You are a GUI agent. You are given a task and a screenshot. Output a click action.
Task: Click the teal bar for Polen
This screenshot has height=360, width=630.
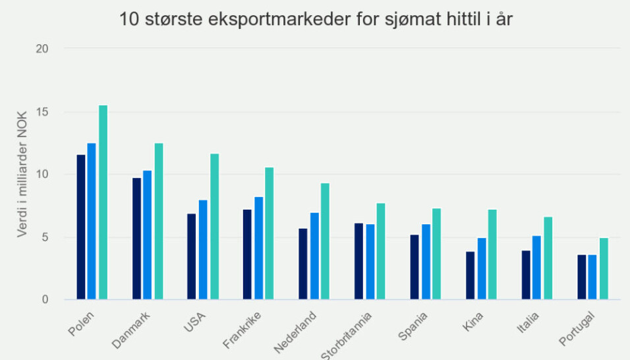pyautogui.click(x=103, y=202)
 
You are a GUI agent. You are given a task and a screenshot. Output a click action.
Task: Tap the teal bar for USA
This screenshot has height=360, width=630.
pyautogui.click(x=214, y=226)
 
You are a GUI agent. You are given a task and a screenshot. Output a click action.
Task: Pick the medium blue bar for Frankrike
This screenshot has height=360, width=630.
pyautogui.click(x=258, y=248)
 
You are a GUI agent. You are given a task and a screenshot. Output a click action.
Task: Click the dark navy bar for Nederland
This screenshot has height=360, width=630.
pyautogui.click(x=302, y=264)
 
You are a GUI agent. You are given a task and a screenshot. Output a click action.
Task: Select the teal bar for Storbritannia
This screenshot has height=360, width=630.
pyautogui.click(x=380, y=251)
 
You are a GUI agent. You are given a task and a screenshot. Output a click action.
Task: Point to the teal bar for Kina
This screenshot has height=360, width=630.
pyautogui.click(x=492, y=255)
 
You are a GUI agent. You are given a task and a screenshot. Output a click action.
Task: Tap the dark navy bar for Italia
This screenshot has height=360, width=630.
pyautogui.click(x=526, y=275)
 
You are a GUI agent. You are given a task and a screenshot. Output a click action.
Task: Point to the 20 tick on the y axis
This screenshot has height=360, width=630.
pyautogui.click(x=42, y=49)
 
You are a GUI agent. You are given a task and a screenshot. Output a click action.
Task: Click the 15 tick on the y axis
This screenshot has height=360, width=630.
pyautogui.click(x=42, y=111)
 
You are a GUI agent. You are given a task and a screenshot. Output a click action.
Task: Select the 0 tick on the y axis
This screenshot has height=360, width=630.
pyautogui.click(x=45, y=300)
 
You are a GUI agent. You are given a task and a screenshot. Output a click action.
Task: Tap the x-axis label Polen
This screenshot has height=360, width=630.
pyautogui.click(x=80, y=323)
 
